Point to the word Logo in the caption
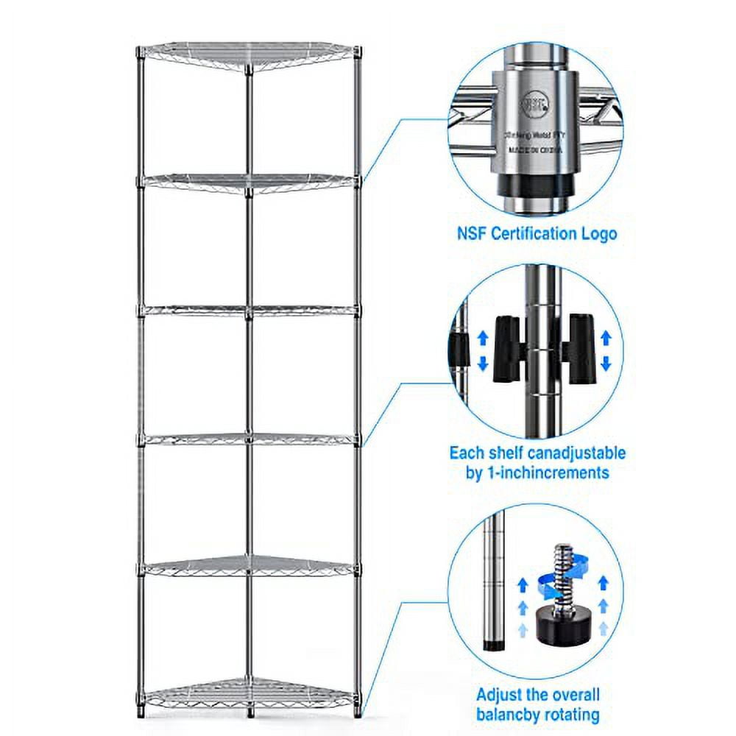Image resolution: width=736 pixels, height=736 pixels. pos(595,234)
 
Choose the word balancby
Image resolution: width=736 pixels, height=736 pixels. pos(512,714)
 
